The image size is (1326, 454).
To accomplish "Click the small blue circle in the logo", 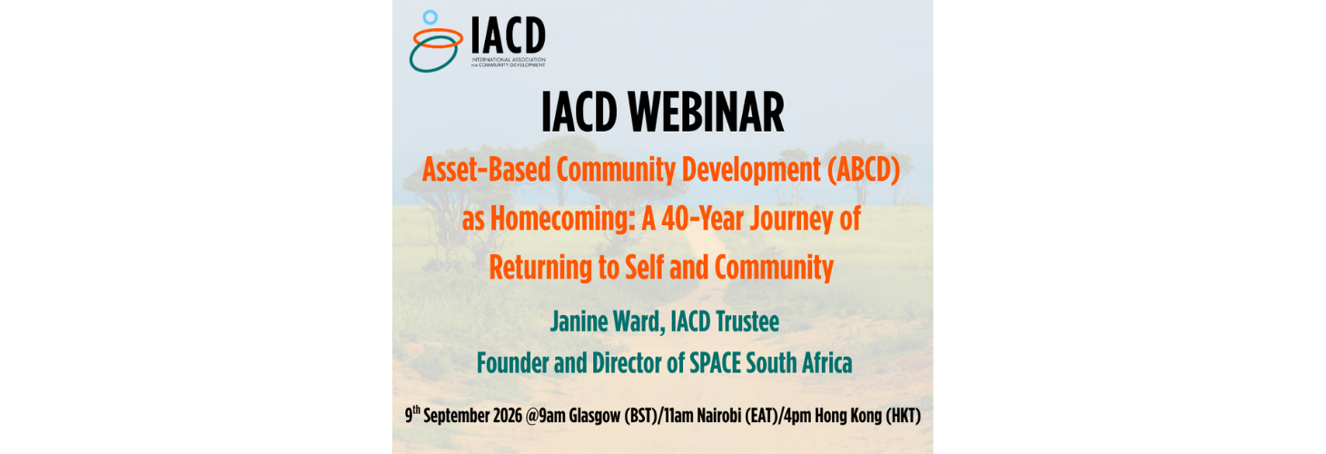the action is (430, 17).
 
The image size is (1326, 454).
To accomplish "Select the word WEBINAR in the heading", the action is (707, 113).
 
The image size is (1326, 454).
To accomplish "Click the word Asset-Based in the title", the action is (486, 170).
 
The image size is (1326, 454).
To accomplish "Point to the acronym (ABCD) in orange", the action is (864, 170).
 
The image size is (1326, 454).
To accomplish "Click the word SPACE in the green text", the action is (715, 363).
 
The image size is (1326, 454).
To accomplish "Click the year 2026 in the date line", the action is (508, 416).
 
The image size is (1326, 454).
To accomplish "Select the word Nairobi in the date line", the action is (718, 416).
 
